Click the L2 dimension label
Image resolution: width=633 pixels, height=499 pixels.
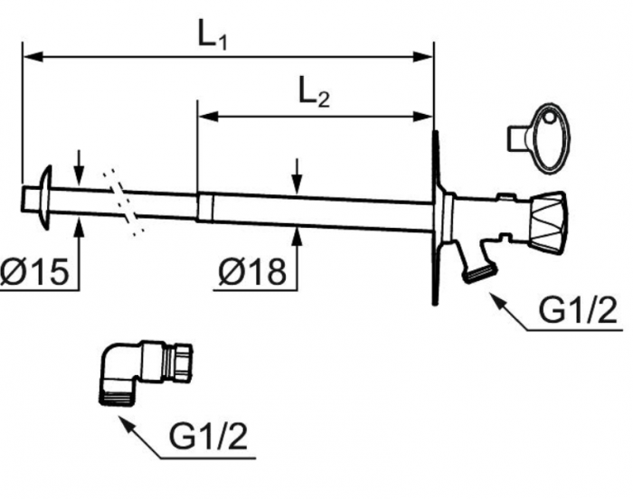pyautogui.click(x=314, y=94)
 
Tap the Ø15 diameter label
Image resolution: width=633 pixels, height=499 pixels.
pyautogui.click(x=34, y=272)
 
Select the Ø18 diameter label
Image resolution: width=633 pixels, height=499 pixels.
pyautogui.click(x=252, y=272)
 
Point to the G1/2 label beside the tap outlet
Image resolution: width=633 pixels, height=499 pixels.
pyautogui.click(x=579, y=310)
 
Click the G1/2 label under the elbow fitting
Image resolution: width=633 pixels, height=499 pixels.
pyautogui.click(x=208, y=437)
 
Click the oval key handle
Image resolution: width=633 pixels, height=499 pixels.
pyautogui.click(x=550, y=138)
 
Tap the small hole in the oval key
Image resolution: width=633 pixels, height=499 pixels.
pyautogui.click(x=549, y=118)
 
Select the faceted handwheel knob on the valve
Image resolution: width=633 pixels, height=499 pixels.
pyautogui.click(x=549, y=223)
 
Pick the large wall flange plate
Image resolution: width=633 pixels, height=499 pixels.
pyautogui.click(x=435, y=218)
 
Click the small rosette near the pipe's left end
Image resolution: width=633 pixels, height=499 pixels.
pyautogui.click(x=45, y=197)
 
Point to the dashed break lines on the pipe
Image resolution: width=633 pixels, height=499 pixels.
pyautogui.click(x=122, y=202)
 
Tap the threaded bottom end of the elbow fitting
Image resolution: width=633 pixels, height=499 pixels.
pyautogui.click(x=117, y=398)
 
